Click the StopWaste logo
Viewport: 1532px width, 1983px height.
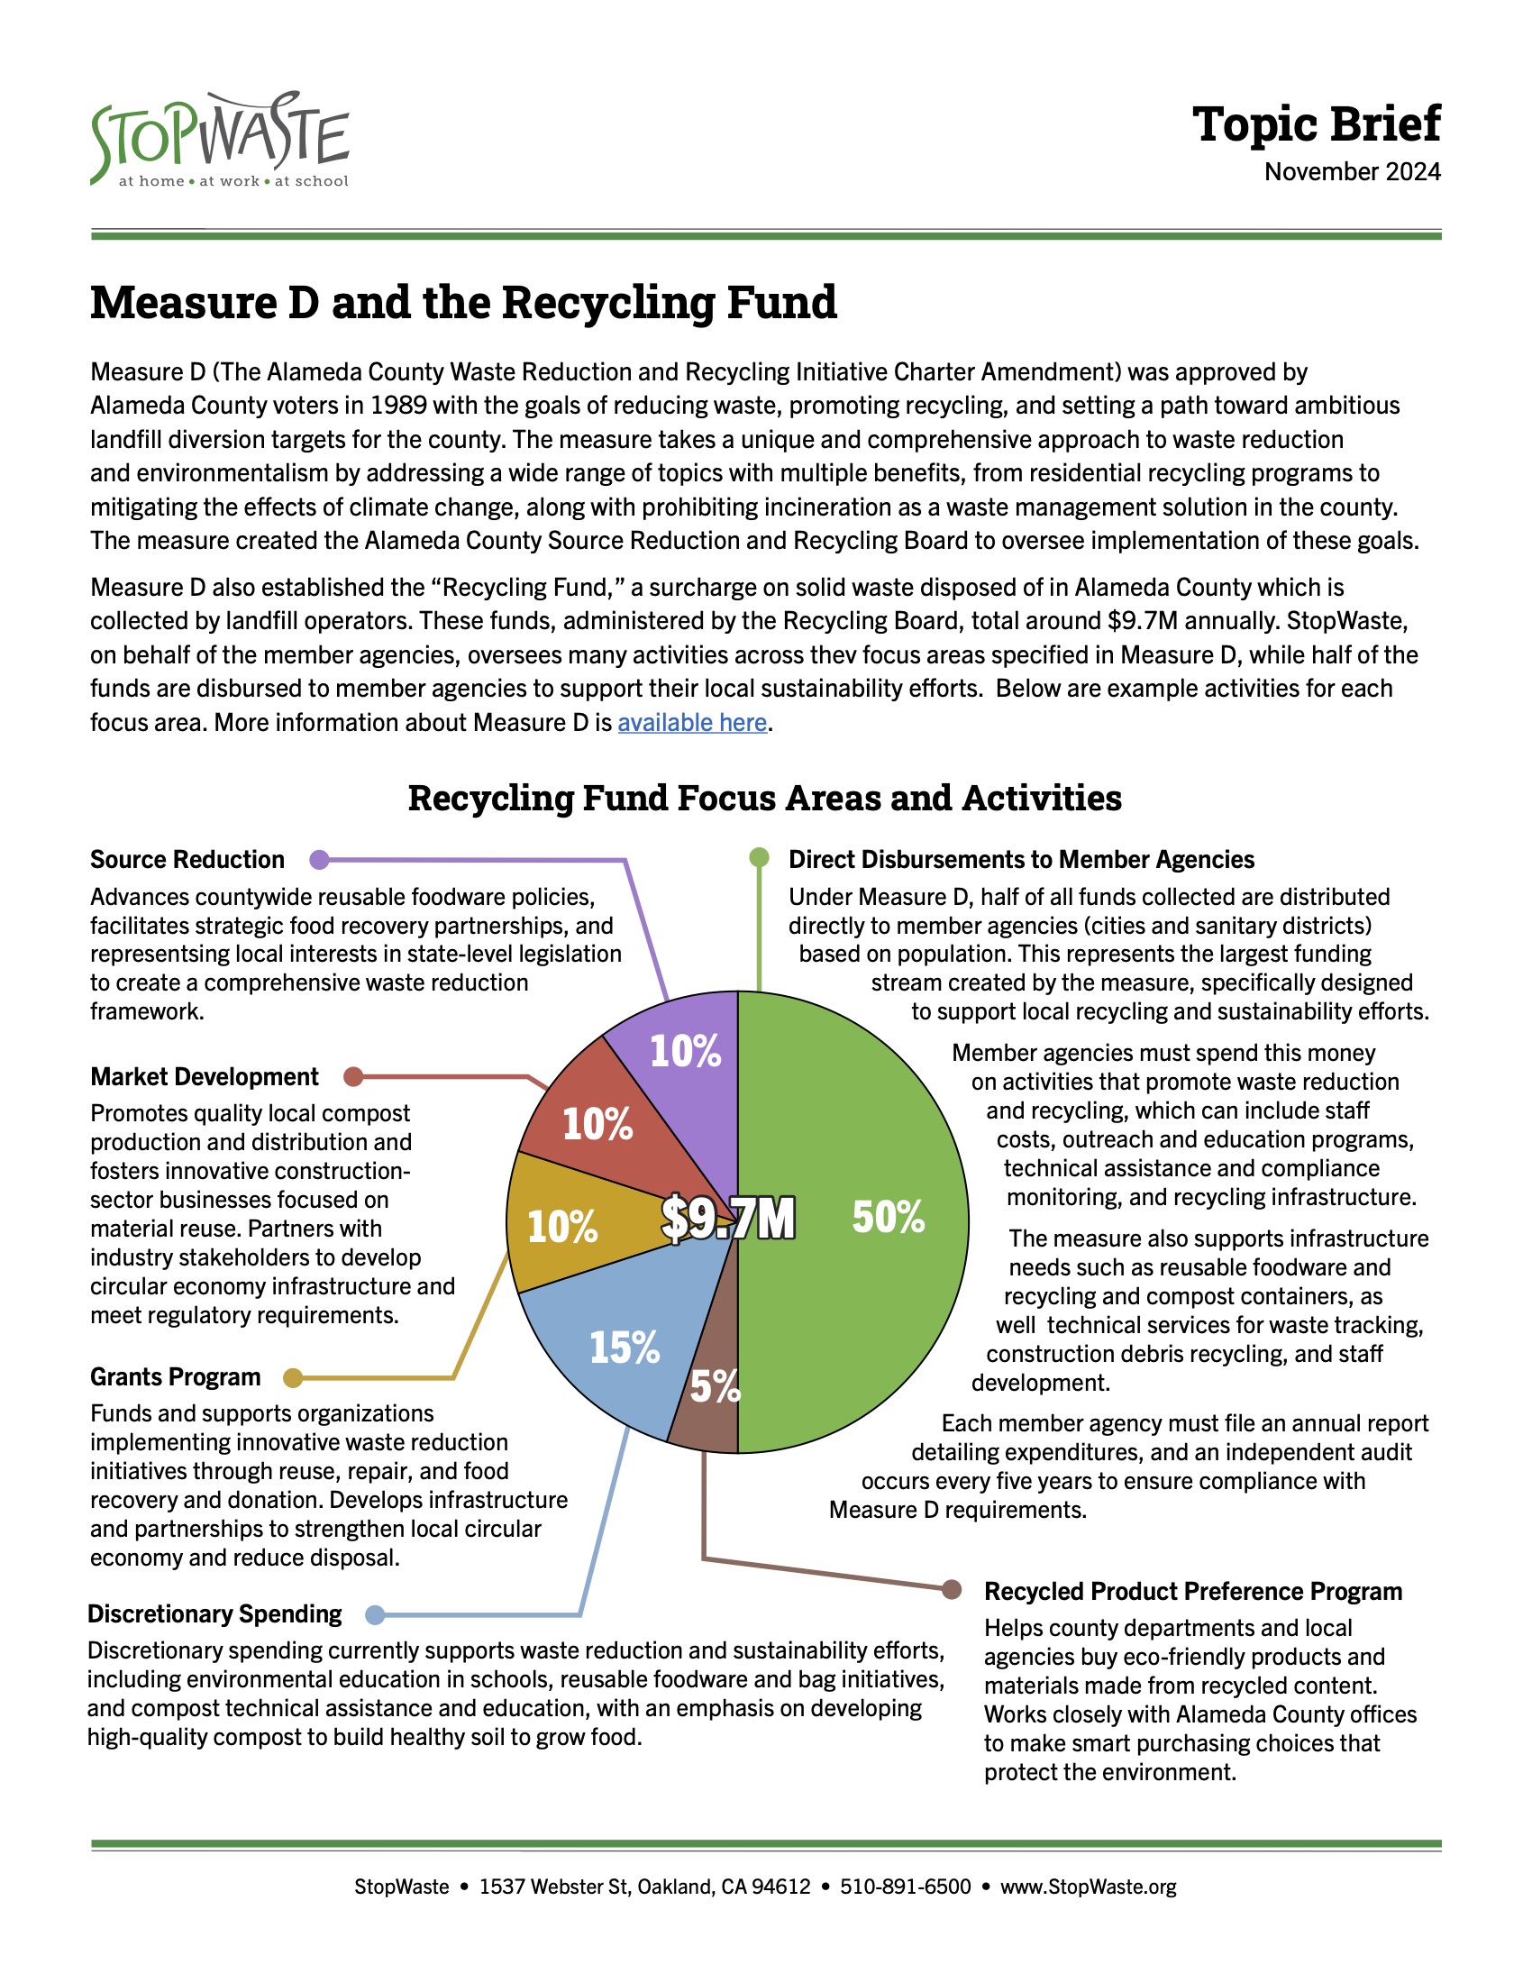220,141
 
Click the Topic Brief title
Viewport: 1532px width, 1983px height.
1315,124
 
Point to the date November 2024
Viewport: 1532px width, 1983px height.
1352,172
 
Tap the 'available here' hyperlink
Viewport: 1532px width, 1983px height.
691,723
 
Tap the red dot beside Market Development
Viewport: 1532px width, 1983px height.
354,1077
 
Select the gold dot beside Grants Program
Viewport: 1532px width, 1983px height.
292,1378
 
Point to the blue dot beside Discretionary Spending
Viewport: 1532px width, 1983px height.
375,1615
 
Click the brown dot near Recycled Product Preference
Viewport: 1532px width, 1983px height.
951,1590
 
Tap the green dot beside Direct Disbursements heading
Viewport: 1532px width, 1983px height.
759,857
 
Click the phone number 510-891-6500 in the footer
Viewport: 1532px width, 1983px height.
905,1887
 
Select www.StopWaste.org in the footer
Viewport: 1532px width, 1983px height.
1088,1887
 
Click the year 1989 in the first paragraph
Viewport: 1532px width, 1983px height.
399,406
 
